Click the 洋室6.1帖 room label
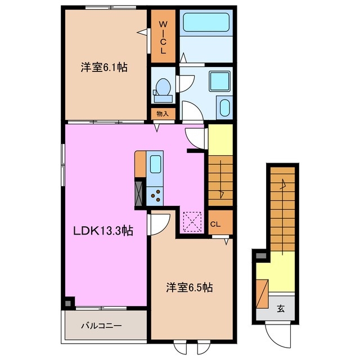coord(103,67)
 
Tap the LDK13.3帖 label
coord(101,231)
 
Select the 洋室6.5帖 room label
coord(188,287)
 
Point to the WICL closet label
coord(163,37)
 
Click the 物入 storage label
coord(163,113)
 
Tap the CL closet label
coord(215,224)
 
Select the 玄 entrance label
coord(280,308)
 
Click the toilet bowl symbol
coord(163,88)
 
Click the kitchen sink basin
coord(155,165)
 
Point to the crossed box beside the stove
coord(139,192)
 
